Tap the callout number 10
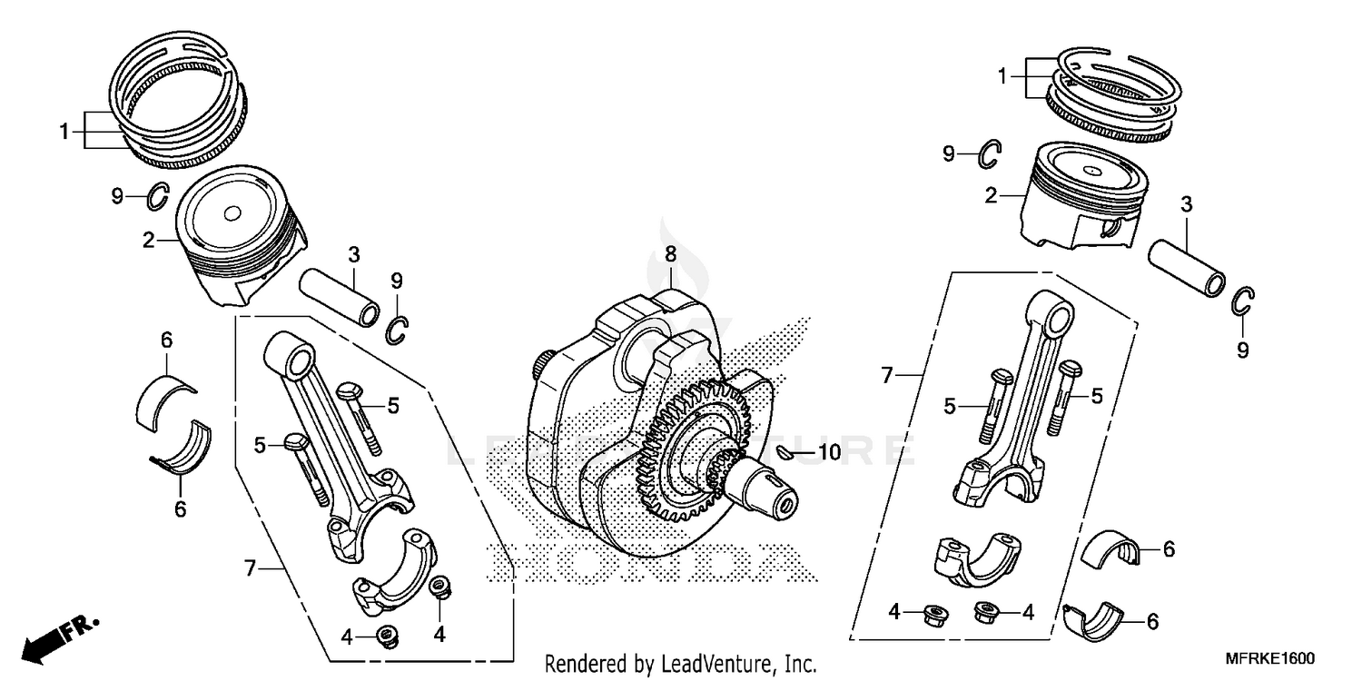click(829, 451)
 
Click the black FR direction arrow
click(50, 641)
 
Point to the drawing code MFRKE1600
click(1272, 658)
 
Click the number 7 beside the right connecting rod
click(889, 374)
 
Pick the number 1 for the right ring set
click(1002, 77)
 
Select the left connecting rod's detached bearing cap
click(396, 572)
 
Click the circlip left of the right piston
click(990, 155)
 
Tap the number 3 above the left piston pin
click(354, 253)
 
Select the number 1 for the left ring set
click(64, 132)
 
